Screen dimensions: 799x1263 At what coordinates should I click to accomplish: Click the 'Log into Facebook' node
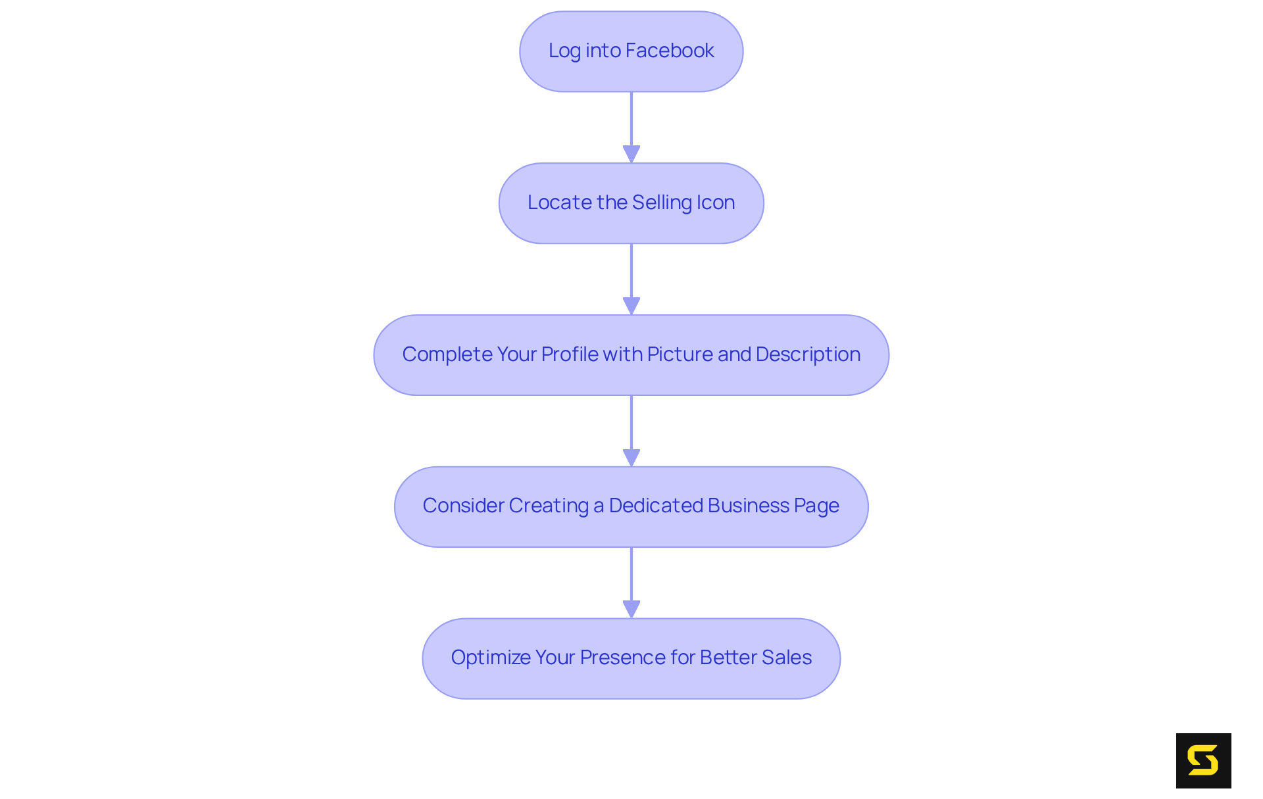click(631, 51)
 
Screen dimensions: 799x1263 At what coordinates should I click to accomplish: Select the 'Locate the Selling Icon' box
click(631, 203)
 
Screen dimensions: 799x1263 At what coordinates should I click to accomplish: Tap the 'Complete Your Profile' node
click(631, 355)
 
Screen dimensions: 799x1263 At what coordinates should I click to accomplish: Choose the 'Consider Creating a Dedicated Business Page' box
click(631, 506)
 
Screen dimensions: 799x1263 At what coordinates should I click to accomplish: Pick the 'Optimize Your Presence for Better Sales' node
click(631, 658)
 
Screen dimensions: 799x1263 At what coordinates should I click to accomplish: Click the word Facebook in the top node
click(670, 51)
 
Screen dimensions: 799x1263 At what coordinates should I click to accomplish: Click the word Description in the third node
click(808, 354)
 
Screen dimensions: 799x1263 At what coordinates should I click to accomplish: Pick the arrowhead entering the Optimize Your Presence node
click(631, 609)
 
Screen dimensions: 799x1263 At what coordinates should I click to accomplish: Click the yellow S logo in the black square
click(1203, 761)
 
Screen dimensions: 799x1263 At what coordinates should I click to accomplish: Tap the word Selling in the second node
click(661, 203)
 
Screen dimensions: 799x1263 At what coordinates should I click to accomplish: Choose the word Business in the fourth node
click(749, 506)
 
